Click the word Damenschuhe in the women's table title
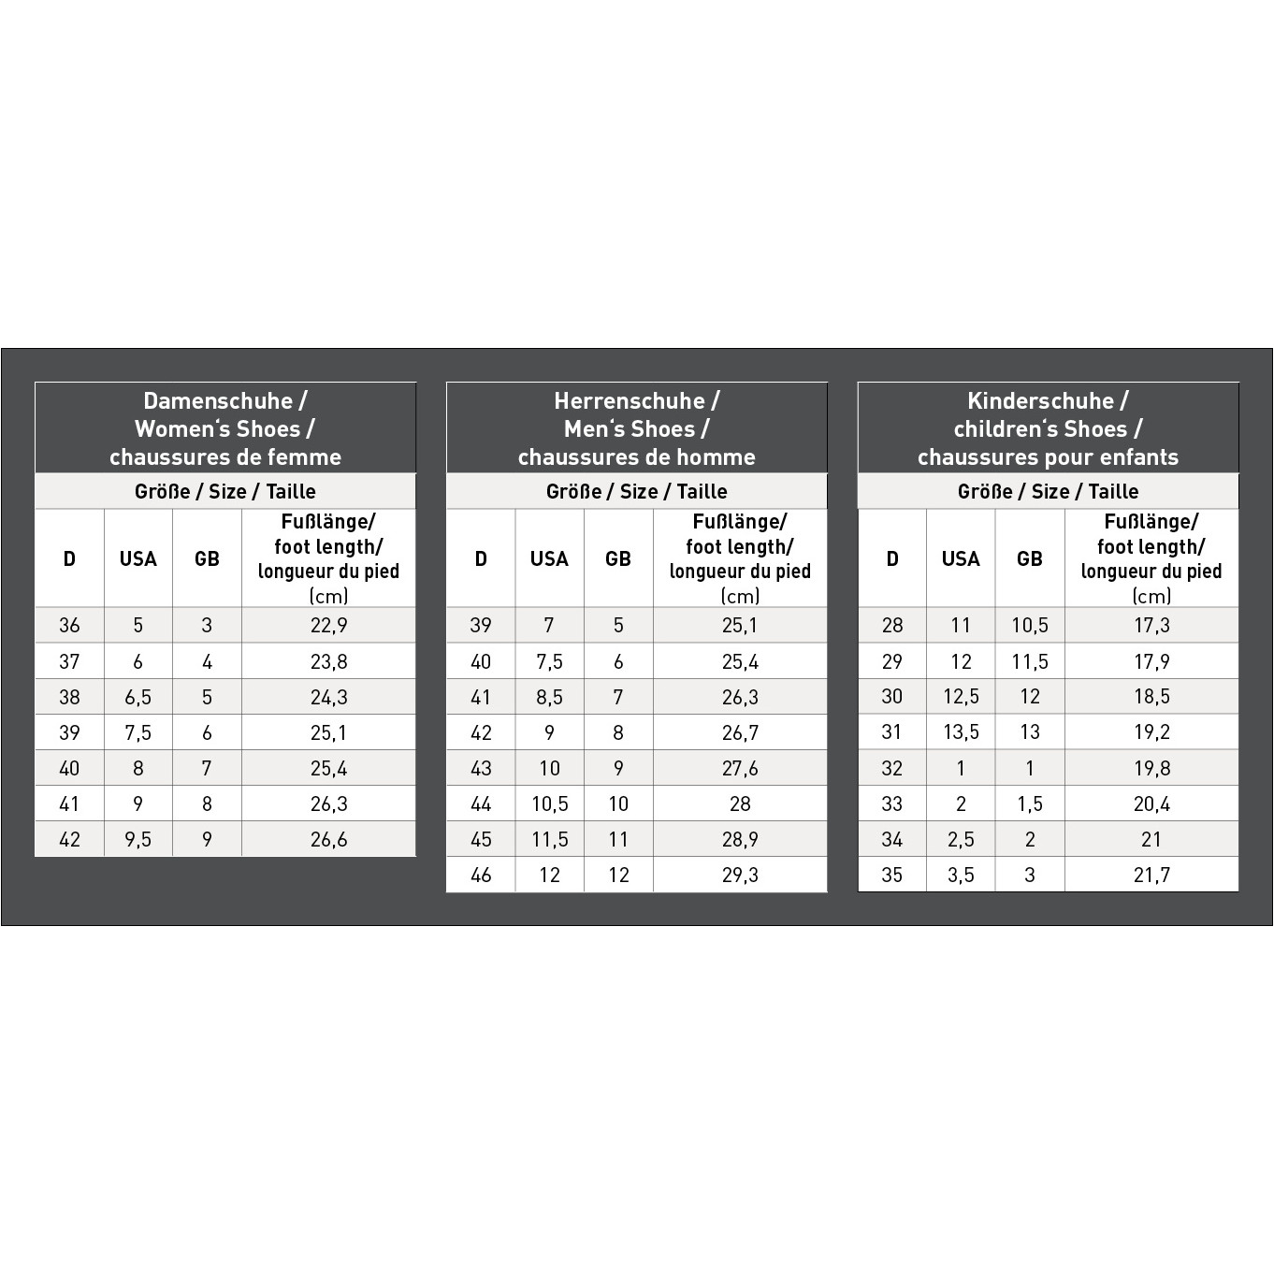click(218, 401)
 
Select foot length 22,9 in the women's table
click(328, 626)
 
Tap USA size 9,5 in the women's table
click(138, 840)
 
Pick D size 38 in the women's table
click(69, 698)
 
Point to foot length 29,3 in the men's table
click(740, 876)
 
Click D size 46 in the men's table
click(481, 876)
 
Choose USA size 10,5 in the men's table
click(549, 804)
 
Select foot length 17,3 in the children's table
click(1151, 626)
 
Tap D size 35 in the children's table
click(892, 876)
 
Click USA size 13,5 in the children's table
click(961, 732)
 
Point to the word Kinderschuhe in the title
click(1040, 401)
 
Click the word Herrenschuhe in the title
click(629, 401)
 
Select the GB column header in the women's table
click(207, 559)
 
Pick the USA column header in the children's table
click(961, 559)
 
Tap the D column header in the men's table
click(481, 559)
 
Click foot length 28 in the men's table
click(740, 804)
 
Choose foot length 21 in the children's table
click(1151, 840)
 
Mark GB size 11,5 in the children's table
click(1030, 662)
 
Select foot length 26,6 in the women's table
click(328, 840)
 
